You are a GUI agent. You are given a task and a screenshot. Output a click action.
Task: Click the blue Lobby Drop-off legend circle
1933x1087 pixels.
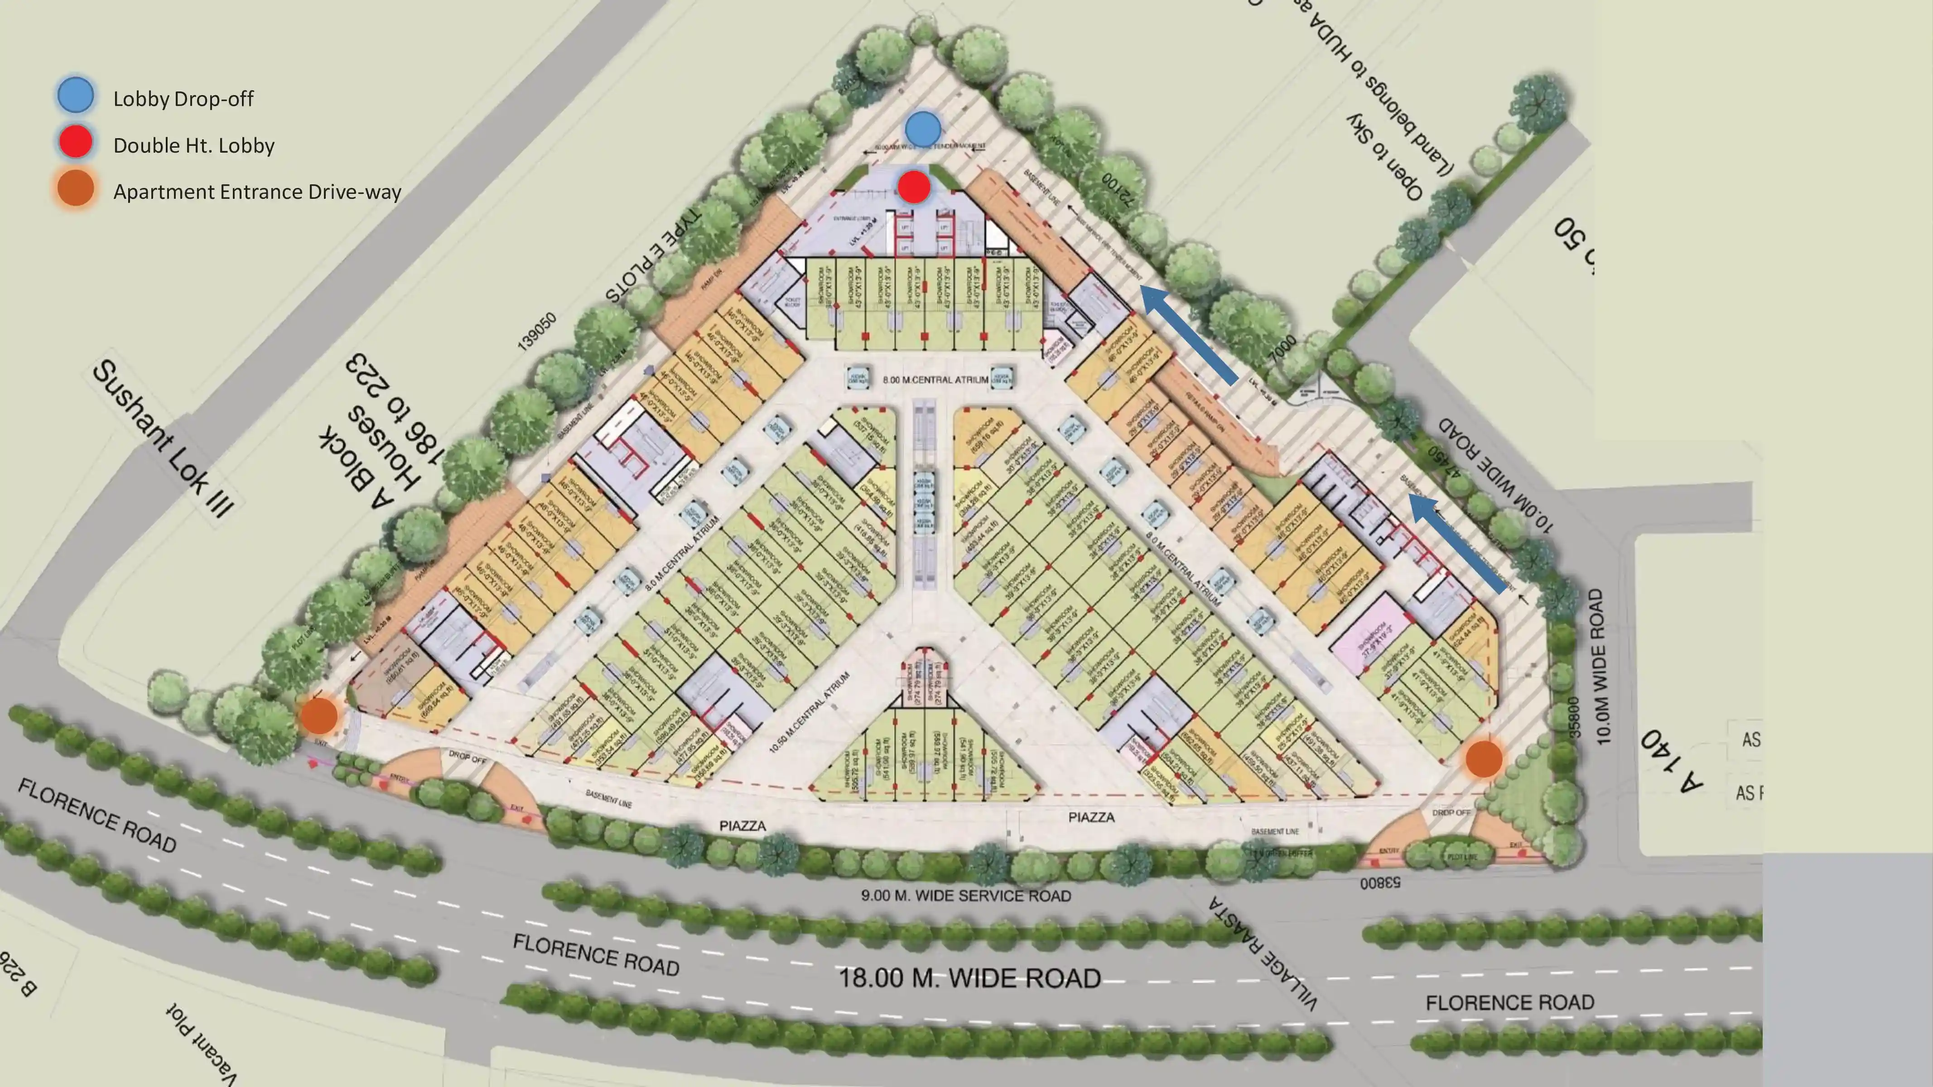click(x=76, y=96)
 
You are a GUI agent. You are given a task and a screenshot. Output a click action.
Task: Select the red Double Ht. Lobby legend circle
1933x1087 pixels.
click(x=76, y=143)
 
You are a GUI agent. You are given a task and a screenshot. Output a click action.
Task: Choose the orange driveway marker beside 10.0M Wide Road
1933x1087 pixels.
click(x=1484, y=759)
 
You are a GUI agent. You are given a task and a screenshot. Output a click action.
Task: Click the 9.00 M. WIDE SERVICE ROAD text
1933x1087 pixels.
click(x=966, y=896)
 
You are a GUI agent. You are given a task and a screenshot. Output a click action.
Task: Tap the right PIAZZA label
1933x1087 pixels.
click(x=1091, y=817)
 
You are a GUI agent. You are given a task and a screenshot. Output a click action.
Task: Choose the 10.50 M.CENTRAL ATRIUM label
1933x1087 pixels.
click(x=810, y=712)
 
